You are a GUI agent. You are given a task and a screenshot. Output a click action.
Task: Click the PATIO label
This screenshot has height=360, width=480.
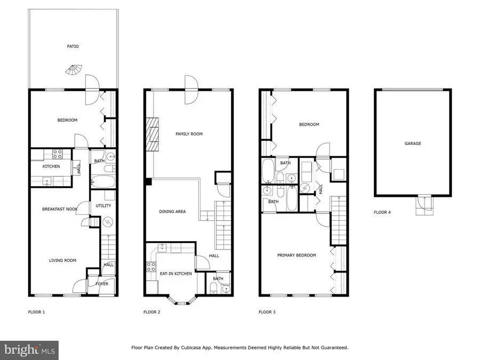click(x=73, y=46)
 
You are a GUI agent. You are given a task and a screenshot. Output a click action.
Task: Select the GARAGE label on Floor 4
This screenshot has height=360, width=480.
click(x=412, y=143)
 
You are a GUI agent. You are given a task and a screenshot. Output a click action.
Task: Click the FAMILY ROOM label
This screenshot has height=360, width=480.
click(x=189, y=134)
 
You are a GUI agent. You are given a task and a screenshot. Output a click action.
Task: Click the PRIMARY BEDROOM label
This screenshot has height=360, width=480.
click(x=297, y=255)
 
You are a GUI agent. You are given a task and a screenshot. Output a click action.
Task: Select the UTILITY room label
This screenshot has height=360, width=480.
click(x=103, y=206)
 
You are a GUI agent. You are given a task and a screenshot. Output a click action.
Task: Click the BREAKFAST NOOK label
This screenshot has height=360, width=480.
click(x=60, y=209)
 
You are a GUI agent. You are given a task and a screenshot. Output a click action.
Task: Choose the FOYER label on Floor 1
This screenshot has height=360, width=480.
click(x=102, y=284)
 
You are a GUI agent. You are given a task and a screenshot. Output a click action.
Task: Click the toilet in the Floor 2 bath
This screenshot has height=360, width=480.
click(x=214, y=289)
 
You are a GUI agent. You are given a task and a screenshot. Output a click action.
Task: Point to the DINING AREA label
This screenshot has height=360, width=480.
click(x=172, y=212)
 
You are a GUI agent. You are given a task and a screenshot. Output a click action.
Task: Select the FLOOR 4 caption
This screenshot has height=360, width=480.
click(x=382, y=212)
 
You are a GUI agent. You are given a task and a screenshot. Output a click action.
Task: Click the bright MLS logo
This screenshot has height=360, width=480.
click(x=29, y=350)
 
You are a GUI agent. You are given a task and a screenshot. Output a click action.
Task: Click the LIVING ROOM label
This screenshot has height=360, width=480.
click(x=62, y=260)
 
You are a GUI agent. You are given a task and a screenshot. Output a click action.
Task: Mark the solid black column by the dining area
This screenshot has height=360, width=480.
click(x=148, y=182)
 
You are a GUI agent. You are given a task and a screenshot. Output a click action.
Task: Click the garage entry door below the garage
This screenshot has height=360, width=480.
click(x=424, y=204)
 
